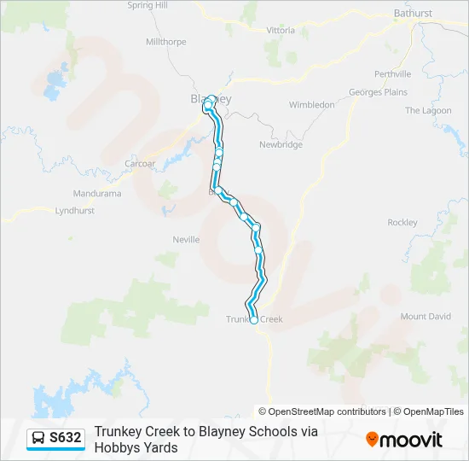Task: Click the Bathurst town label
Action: (413, 14)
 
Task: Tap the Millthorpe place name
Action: (165, 41)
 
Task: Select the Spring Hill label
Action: (147, 5)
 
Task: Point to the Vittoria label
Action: (281, 31)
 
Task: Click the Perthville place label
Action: (392, 74)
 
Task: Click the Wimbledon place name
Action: (311, 105)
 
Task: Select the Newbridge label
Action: (281, 145)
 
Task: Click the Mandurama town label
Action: (97, 194)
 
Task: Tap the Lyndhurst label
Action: (74, 210)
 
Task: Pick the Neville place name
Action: (186, 240)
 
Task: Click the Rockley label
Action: (402, 223)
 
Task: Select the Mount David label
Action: (426, 317)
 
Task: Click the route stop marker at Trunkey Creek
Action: (253, 321)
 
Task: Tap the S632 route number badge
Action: (66, 438)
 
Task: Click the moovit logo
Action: (404, 440)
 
